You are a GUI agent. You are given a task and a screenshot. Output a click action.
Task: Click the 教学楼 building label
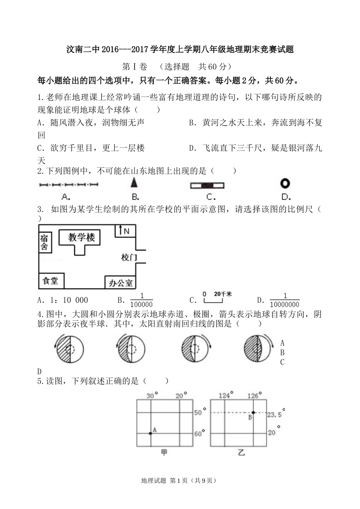click(x=81, y=237)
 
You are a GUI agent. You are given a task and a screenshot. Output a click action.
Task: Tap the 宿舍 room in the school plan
click(x=44, y=242)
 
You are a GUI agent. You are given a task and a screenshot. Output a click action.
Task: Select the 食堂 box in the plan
click(x=51, y=281)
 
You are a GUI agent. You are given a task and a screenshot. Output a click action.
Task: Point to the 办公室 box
click(x=121, y=283)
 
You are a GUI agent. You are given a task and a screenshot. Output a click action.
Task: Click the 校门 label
click(x=128, y=258)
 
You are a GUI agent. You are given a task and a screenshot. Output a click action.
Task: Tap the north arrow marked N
click(x=124, y=230)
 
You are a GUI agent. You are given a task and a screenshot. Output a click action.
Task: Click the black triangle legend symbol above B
click(x=134, y=183)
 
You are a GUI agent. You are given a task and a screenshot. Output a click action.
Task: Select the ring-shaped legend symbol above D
click(x=285, y=184)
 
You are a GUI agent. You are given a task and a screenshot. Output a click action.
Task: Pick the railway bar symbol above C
click(x=207, y=186)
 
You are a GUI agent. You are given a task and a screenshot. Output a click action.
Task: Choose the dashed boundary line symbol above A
click(x=69, y=185)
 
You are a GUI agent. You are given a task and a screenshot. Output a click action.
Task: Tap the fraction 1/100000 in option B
click(x=141, y=301)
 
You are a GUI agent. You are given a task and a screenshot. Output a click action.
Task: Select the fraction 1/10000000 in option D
click(x=285, y=301)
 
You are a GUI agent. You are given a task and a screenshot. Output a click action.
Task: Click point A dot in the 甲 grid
click(x=151, y=433)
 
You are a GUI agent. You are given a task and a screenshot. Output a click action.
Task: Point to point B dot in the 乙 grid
click(x=253, y=412)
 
